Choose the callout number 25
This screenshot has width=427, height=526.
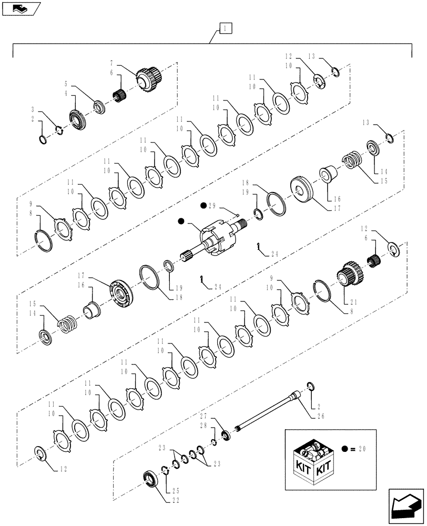[x=174, y=491]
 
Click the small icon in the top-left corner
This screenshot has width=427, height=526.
[x=22, y=8]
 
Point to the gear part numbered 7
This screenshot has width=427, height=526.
[x=148, y=78]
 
